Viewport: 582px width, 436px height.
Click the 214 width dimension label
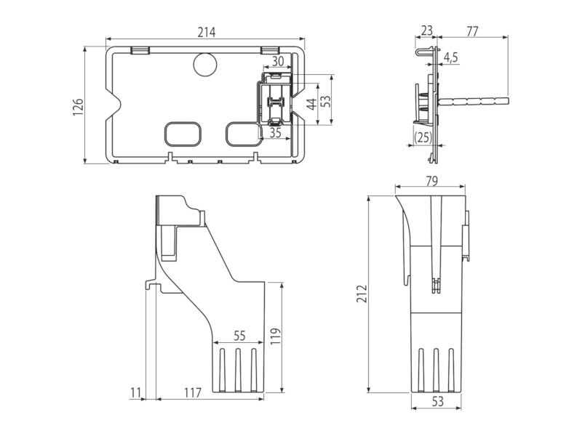(x=206, y=32)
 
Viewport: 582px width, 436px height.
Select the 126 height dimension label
(x=78, y=107)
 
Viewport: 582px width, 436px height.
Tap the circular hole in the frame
(x=205, y=65)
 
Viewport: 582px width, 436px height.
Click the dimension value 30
(x=278, y=61)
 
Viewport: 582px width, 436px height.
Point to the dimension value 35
(x=276, y=133)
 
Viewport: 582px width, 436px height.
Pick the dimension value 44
(x=313, y=104)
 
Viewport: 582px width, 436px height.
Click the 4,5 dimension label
(x=451, y=57)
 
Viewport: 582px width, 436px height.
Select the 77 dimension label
(x=472, y=31)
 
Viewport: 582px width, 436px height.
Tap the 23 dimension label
(x=427, y=31)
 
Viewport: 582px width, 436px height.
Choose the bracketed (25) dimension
(x=423, y=137)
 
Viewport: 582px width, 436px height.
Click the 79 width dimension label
(x=431, y=181)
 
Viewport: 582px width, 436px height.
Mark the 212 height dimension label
(x=362, y=294)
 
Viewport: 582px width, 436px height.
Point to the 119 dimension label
(x=276, y=336)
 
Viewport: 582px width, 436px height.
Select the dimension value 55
(x=240, y=336)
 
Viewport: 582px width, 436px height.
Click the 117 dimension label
(x=193, y=392)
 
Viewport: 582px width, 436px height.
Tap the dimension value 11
(x=136, y=392)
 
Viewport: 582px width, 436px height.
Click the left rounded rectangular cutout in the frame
(x=183, y=134)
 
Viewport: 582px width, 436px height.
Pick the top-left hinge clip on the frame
(x=140, y=50)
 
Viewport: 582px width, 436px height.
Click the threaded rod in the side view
(x=474, y=100)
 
